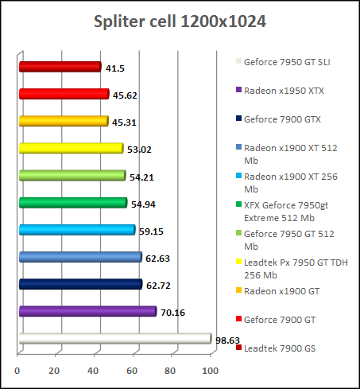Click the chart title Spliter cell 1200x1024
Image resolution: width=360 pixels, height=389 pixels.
[180, 21]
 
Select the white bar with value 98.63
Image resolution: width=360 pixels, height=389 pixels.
[114, 339]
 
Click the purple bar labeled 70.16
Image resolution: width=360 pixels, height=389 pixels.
[87, 311]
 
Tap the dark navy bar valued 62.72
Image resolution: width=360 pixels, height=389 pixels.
[79, 284]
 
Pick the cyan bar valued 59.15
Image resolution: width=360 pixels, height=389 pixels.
[76, 230]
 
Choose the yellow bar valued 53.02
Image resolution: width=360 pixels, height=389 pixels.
[70, 148]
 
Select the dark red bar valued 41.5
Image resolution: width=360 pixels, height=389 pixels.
[59, 67]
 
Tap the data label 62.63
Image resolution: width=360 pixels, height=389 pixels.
[157, 258]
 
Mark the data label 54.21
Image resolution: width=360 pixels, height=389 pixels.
[141, 177]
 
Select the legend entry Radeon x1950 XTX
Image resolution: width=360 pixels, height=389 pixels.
[283, 91]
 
